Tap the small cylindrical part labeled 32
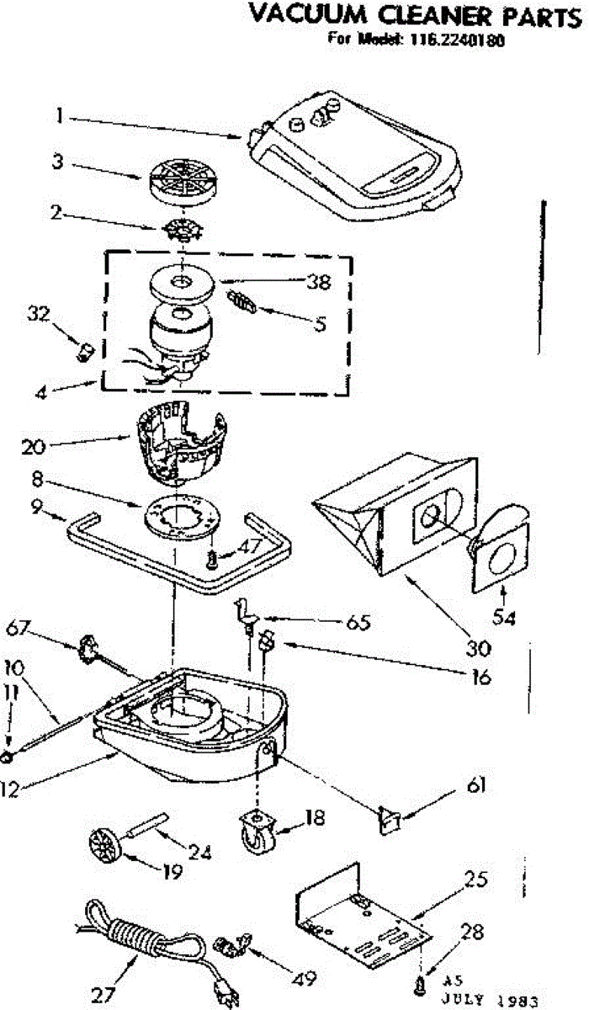click(x=84, y=350)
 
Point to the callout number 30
click(x=454, y=649)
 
